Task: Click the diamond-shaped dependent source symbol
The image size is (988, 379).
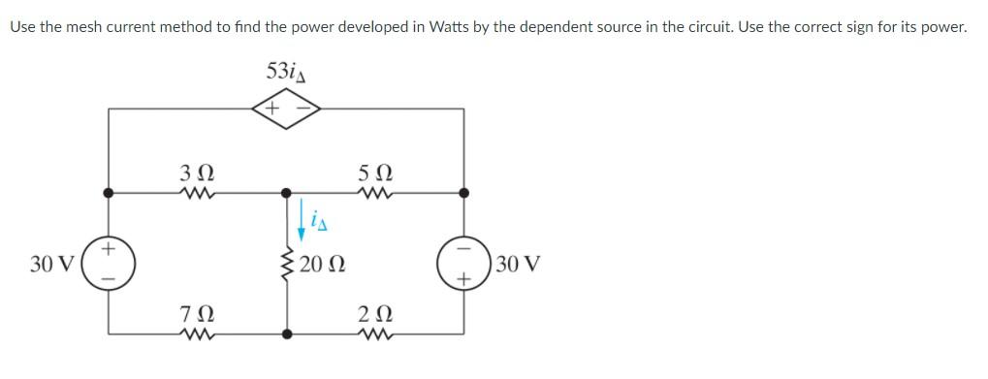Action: point(286,109)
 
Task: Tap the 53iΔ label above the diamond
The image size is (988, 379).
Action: point(285,71)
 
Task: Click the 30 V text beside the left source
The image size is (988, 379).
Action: point(48,263)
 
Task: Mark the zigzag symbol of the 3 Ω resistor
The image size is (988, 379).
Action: point(191,192)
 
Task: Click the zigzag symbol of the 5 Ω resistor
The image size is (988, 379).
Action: point(373,192)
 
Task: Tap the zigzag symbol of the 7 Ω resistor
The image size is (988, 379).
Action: point(191,334)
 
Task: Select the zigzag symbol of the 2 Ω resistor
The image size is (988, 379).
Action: point(373,334)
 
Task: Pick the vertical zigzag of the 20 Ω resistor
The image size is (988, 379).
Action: point(287,263)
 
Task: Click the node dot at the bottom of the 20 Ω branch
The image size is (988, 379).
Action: point(287,334)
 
